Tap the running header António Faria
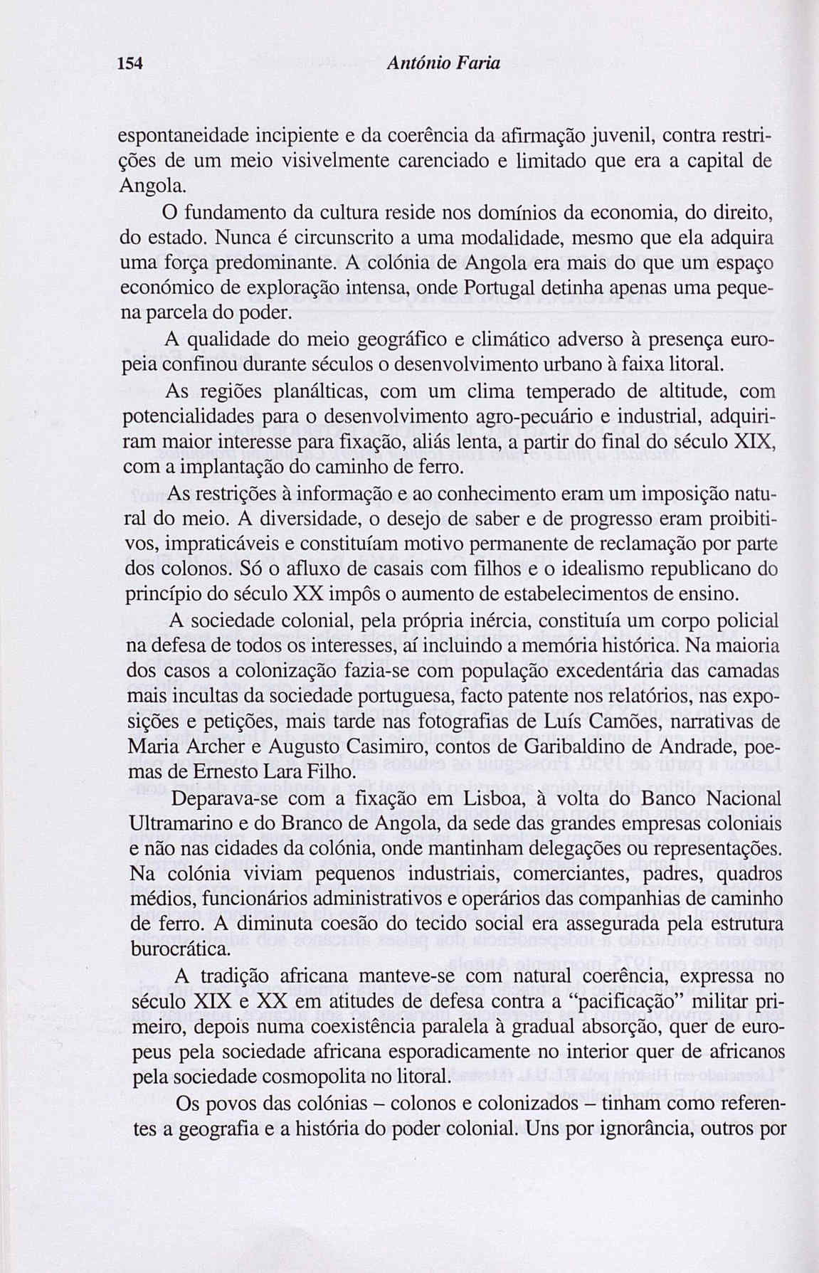pyautogui.click(x=443, y=64)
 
